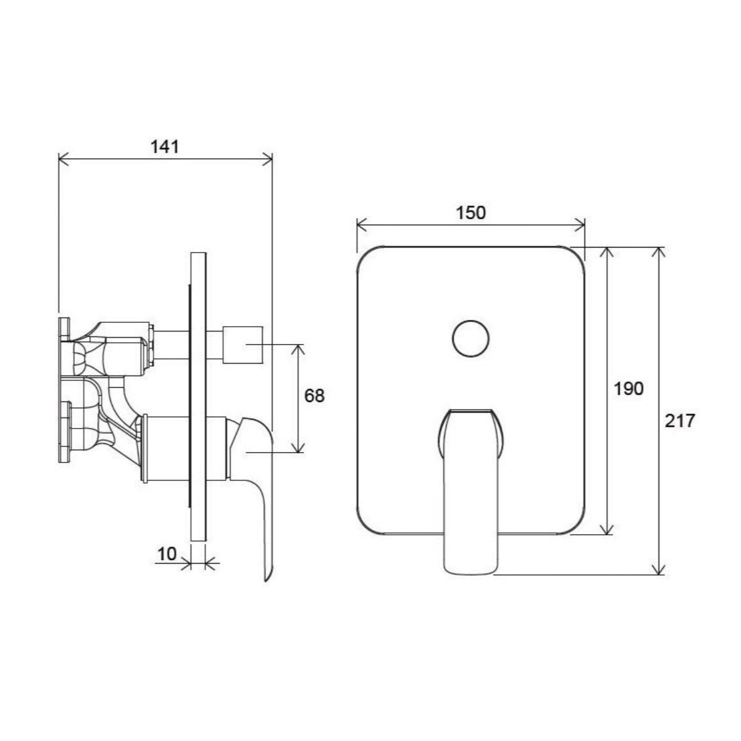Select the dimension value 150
pyautogui.click(x=471, y=212)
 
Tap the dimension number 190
pyautogui.click(x=629, y=389)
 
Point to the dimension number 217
pyautogui.click(x=680, y=421)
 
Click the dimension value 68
pyautogui.click(x=314, y=396)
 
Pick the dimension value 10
pyautogui.click(x=167, y=554)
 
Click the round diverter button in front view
pyautogui.click(x=471, y=339)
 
